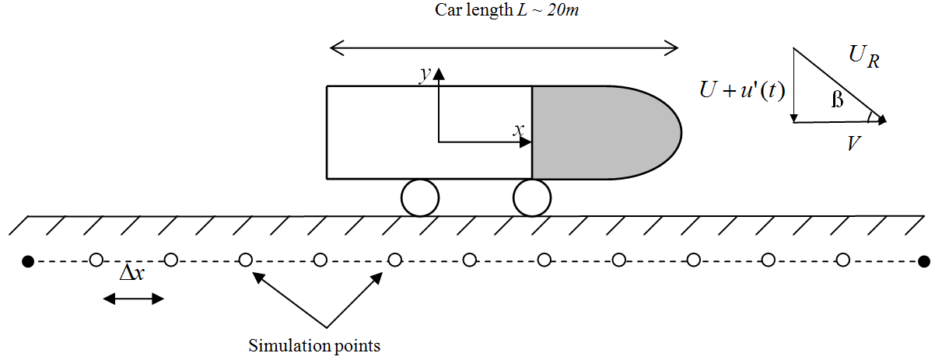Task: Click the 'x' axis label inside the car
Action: click(x=516, y=131)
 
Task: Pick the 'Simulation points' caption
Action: click(x=314, y=345)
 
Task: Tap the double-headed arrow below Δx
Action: click(x=134, y=299)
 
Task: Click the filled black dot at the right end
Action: click(x=923, y=260)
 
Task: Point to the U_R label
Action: click(x=864, y=58)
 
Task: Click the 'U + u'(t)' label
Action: click(x=742, y=91)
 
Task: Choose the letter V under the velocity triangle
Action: click(x=853, y=143)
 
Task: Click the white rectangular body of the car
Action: click(x=381, y=132)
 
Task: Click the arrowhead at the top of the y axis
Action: click(x=439, y=73)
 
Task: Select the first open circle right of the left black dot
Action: click(x=96, y=260)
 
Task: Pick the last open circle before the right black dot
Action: click(x=842, y=260)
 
